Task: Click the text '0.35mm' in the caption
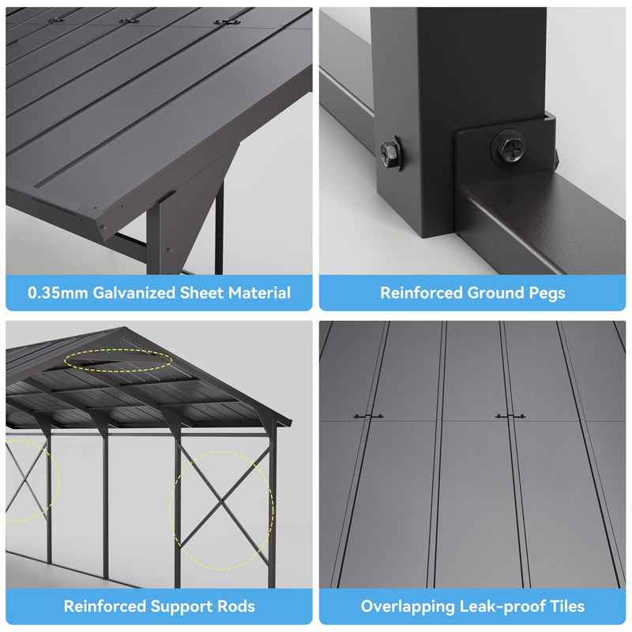point(58,293)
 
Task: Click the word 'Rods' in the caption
point(235,607)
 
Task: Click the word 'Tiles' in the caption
point(566,607)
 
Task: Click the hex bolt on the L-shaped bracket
point(506,147)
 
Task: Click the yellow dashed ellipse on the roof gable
point(118,360)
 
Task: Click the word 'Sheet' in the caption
point(201,293)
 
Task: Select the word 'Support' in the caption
point(175,607)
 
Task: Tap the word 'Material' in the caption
point(259,293)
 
